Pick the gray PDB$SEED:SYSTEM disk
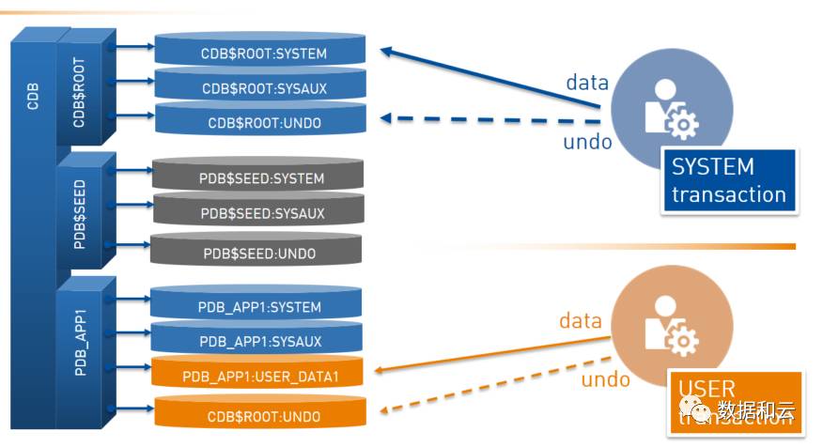[257, 178]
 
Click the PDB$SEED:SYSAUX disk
[257, 213]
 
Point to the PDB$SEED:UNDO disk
[257, 253]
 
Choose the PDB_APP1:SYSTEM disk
[257, 306]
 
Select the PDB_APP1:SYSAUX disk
[257, 341]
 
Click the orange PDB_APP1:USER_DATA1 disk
[257, 377]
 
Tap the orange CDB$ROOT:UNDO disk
[257, 416]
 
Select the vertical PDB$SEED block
[80, 213]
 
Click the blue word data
[587, 83]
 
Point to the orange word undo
[605, 379]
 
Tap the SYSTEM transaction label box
[728, 180]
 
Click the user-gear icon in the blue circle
[669, 107]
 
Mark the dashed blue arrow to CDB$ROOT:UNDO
[489, 120]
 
